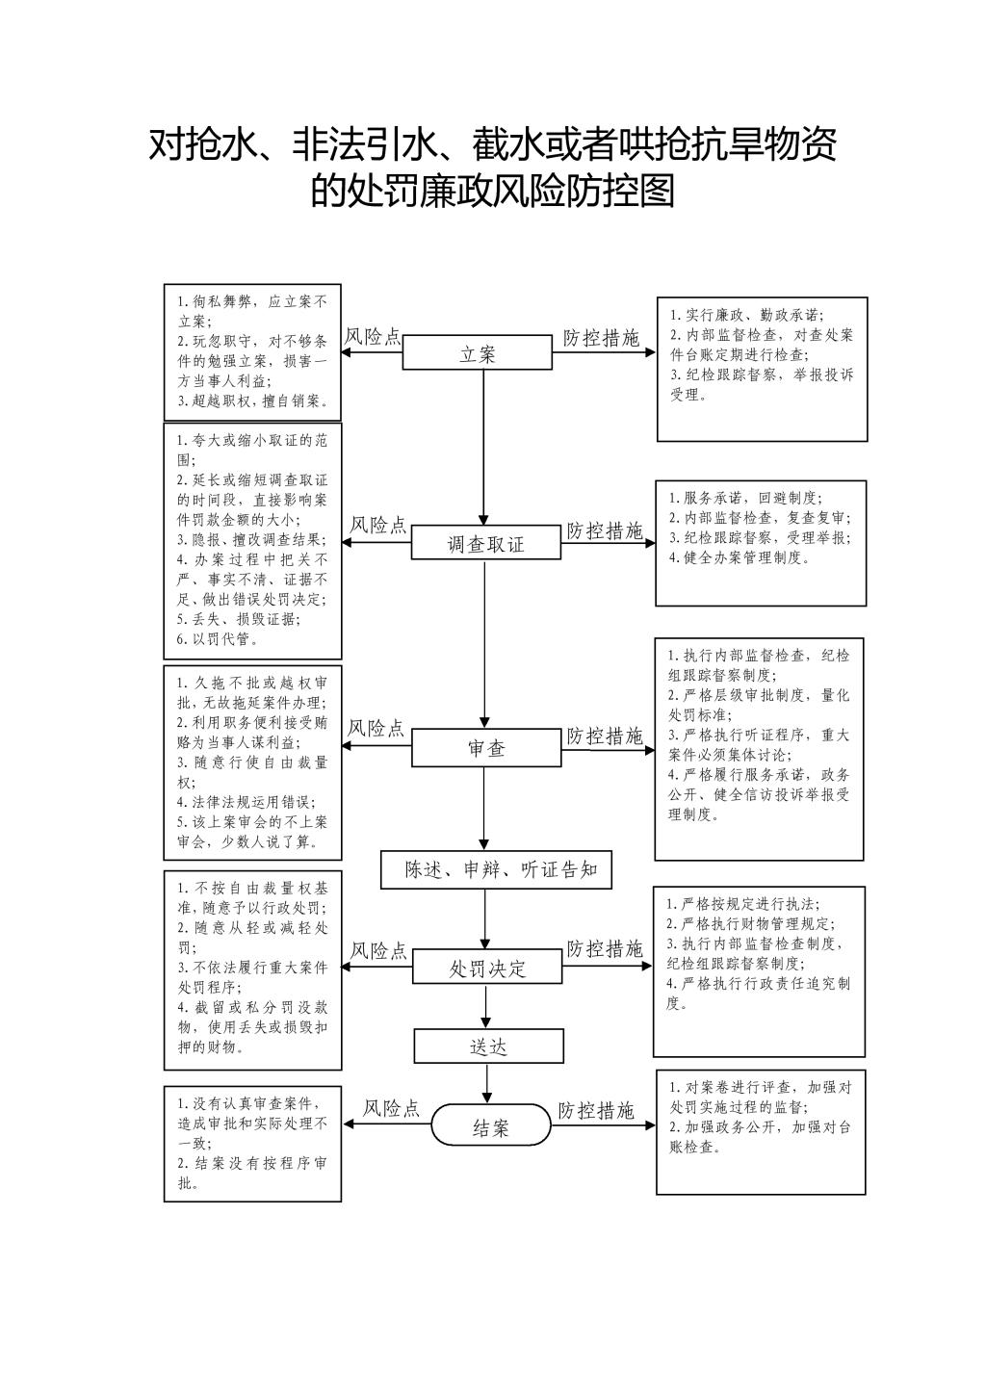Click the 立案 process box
tap(478, 352)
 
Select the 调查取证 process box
tap(486, 542)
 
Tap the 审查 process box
tap(486, 748)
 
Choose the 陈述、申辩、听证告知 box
tap(497, 869)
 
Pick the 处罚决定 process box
tap(487, 967)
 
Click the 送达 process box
tap(488, 1046)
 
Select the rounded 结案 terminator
tap(491, 1124)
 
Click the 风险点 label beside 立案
tap(373, 337)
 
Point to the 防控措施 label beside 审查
tap(604, 736)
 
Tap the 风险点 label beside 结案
tap(391, 1108)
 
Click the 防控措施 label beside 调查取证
tap(604, 531)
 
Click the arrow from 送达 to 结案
tap(487, 1084)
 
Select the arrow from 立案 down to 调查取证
tap(483, 448)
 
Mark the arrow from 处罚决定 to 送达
tap(486, 1006)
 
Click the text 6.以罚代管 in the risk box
tap(218, 639)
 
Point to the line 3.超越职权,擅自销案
tap(253, 401)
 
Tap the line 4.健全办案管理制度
tap(739, 557)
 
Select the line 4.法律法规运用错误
tap(246, 802)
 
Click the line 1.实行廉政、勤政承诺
tap(747, 315)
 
